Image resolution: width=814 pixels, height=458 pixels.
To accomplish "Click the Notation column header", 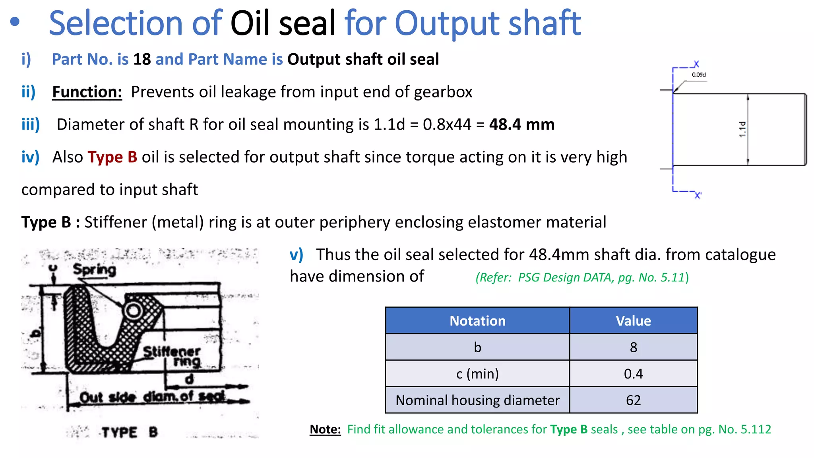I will point(477,321).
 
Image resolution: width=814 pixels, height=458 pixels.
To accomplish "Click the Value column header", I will point(633,321).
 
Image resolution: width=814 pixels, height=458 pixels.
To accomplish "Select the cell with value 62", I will point(633,400).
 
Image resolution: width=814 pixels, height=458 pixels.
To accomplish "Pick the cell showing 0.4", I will point(633,374).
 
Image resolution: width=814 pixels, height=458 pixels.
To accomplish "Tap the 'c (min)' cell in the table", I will point(477,374).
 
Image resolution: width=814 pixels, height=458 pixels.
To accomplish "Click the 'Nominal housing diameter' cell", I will point(477,400).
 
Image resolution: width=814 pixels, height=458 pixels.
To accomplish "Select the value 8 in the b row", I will point(633,347).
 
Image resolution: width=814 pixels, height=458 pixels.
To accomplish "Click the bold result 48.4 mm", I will point(521,124).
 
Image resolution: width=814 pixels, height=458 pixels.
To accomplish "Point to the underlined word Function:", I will point(87,92).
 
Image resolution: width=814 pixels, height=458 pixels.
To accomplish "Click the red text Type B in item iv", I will point(112,157).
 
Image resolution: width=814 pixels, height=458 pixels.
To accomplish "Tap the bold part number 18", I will point(142,59).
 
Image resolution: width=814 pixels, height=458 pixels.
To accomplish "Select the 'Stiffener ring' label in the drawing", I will point(175,356).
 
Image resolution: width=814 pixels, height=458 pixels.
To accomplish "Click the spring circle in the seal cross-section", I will point(133,311).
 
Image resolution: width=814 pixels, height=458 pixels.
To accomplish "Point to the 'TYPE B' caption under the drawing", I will point(129,432).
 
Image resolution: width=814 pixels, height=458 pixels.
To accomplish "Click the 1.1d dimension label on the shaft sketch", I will point(742,130).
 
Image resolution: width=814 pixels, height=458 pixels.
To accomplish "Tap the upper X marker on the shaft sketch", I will point(696,64).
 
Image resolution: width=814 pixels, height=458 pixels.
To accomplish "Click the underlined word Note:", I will point(325,429).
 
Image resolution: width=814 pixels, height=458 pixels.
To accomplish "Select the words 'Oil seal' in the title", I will point(283,23).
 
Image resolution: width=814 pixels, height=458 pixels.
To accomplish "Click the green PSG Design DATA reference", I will point(582,277).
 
